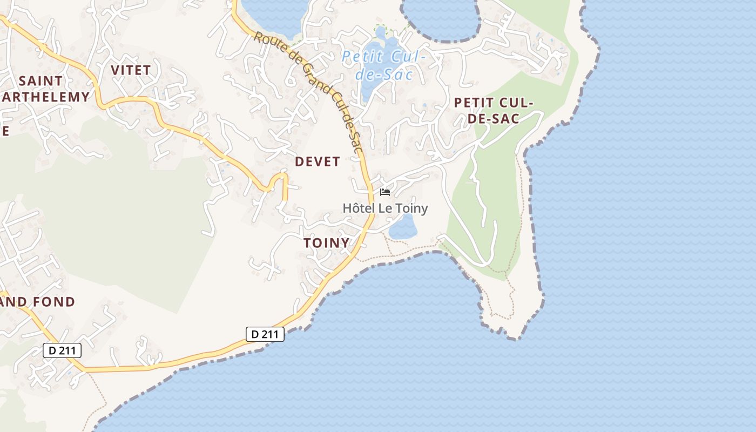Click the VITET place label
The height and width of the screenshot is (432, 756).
tap(131, 70)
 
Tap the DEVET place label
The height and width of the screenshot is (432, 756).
tap(318, 161)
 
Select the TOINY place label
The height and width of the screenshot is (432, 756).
tap(327, 243)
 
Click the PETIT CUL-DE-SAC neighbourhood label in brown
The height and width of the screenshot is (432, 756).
tap(494, 111)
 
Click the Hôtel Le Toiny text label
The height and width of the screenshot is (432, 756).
tap(385, 208)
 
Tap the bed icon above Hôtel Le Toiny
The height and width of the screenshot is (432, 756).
tap(385, 192)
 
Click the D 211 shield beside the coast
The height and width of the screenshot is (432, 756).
tap(265, 334)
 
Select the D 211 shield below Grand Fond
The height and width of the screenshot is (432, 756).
tap(62, 350)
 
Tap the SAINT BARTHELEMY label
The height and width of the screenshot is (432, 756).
tap(43, 89)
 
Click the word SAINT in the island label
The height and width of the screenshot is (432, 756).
tap(40, 81)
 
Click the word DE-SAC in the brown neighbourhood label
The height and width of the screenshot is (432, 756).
tap(493, 119)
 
